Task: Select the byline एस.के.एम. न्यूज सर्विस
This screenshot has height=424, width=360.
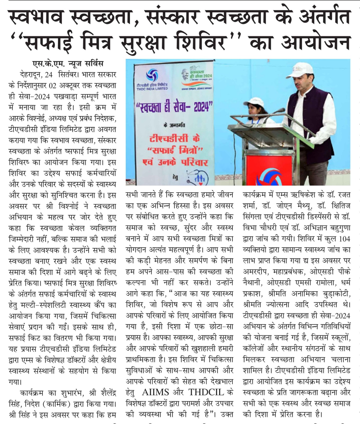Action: pos(68,64)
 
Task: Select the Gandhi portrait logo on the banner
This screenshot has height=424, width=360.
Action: pos(186,74)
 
